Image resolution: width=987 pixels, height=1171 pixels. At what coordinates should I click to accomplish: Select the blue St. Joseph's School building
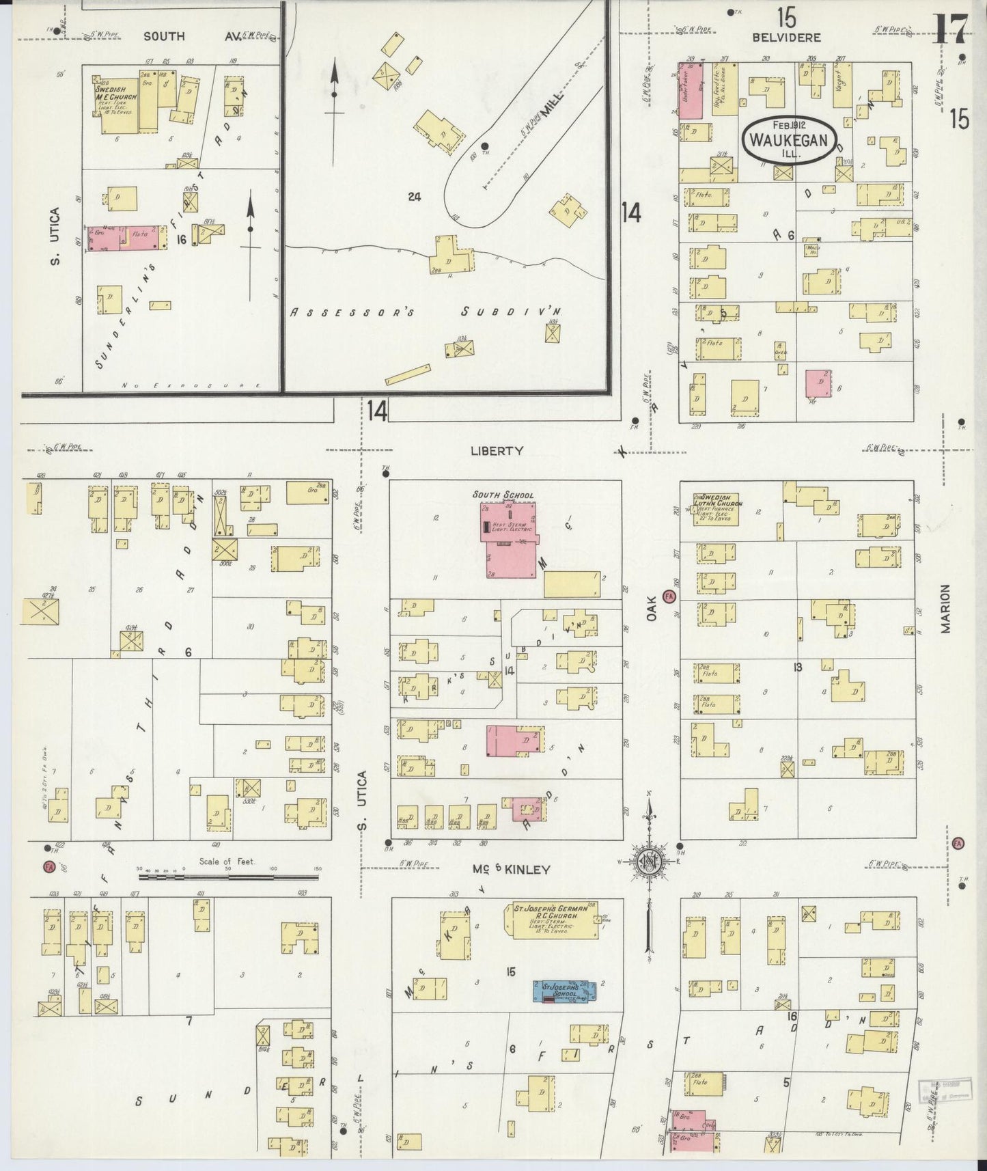point(565,992)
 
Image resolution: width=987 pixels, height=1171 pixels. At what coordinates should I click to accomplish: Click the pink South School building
point(509,540)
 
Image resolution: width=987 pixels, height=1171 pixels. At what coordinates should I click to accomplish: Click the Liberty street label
point(497,451)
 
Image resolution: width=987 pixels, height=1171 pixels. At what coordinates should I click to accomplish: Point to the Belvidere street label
point(786,38)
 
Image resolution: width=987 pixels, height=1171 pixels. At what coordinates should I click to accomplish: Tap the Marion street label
point(945,608)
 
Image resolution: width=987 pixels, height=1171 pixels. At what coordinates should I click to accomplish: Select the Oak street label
point(651,606)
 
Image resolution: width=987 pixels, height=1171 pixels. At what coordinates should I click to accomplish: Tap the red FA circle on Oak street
point(669,596)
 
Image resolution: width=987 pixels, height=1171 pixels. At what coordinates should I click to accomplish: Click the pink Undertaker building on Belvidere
point(691,92)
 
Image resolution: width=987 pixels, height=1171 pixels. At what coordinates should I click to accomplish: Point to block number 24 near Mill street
point(414,197)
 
